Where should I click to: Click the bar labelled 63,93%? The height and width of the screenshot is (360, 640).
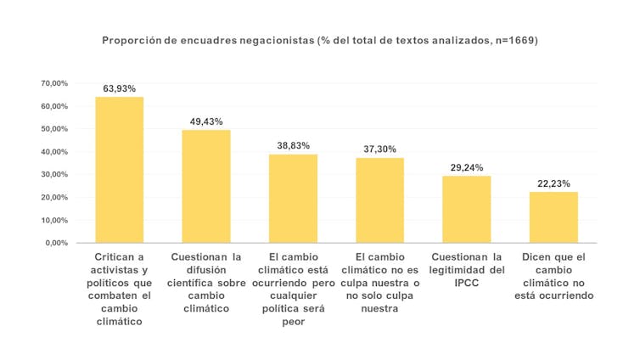click(x=119, y=170)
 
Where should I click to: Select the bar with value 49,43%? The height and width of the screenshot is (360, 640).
click(x=206, y=186)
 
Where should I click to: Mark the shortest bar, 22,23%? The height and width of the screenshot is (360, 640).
click(x=553, y=217)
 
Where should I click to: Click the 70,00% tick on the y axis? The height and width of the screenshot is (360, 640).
click(x=54, y=83)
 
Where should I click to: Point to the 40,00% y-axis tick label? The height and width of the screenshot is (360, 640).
click(x=54, y=152)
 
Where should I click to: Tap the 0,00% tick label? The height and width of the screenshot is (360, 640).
click(x=57, y=243)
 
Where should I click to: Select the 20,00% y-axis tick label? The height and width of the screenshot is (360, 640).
click(x=54, y=197)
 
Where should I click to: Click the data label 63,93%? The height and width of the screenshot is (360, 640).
click(x=120, y=88)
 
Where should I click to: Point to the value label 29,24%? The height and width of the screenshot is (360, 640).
click(x=467, y=167)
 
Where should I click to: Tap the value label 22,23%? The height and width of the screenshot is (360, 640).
click(x=553, y=183)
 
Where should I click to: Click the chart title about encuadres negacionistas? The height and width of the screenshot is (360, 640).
click(x=320, y=40)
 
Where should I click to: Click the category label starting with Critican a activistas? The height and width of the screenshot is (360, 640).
click(x=119, y=289)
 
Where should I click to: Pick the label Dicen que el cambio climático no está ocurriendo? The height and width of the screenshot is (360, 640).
click(x=553, y=276)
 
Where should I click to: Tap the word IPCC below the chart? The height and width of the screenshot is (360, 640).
click(x=467, y=283)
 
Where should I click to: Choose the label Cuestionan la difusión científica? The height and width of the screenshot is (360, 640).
click(x=206, y=282)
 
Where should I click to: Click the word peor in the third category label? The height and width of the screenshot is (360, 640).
click(x=293, y=322)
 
